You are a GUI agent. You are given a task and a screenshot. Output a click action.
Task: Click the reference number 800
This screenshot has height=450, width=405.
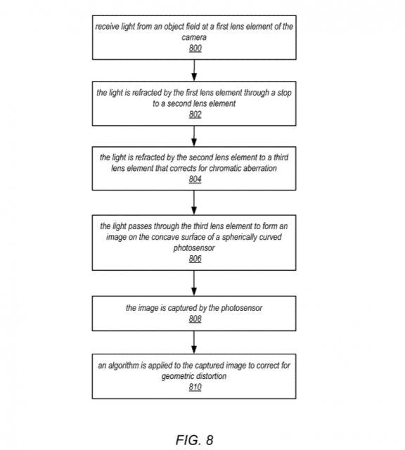[195, 49]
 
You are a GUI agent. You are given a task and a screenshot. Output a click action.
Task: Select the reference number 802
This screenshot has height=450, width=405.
[195, 115]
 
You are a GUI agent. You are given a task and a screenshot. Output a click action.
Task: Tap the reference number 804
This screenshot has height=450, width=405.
[195, 179]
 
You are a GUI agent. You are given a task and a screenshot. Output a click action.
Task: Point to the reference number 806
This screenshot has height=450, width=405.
[195, 259]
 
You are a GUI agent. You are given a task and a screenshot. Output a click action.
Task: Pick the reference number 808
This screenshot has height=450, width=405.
[195, 319]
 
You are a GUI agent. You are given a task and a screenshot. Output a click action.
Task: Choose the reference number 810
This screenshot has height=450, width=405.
[195, 387]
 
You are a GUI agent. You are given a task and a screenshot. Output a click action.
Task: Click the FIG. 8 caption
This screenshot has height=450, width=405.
[194, 439]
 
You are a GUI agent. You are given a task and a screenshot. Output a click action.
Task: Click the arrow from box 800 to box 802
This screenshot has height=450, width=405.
[194, 70]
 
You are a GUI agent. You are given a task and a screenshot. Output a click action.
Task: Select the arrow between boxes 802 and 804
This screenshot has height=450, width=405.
[194, 136]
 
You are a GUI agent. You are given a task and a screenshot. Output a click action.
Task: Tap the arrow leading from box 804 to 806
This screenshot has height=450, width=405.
[194, 202]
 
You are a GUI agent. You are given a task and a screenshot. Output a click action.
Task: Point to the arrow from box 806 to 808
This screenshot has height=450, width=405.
[194, 283]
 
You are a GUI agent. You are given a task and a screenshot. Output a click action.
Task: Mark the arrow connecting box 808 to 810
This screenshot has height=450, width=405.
[194, 342]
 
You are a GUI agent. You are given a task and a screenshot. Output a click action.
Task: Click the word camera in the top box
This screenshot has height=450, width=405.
[194, 37]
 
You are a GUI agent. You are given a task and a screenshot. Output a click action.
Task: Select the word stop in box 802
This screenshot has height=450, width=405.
[285, 93]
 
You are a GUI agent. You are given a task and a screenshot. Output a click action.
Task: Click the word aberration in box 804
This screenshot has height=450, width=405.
[260, 168]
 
